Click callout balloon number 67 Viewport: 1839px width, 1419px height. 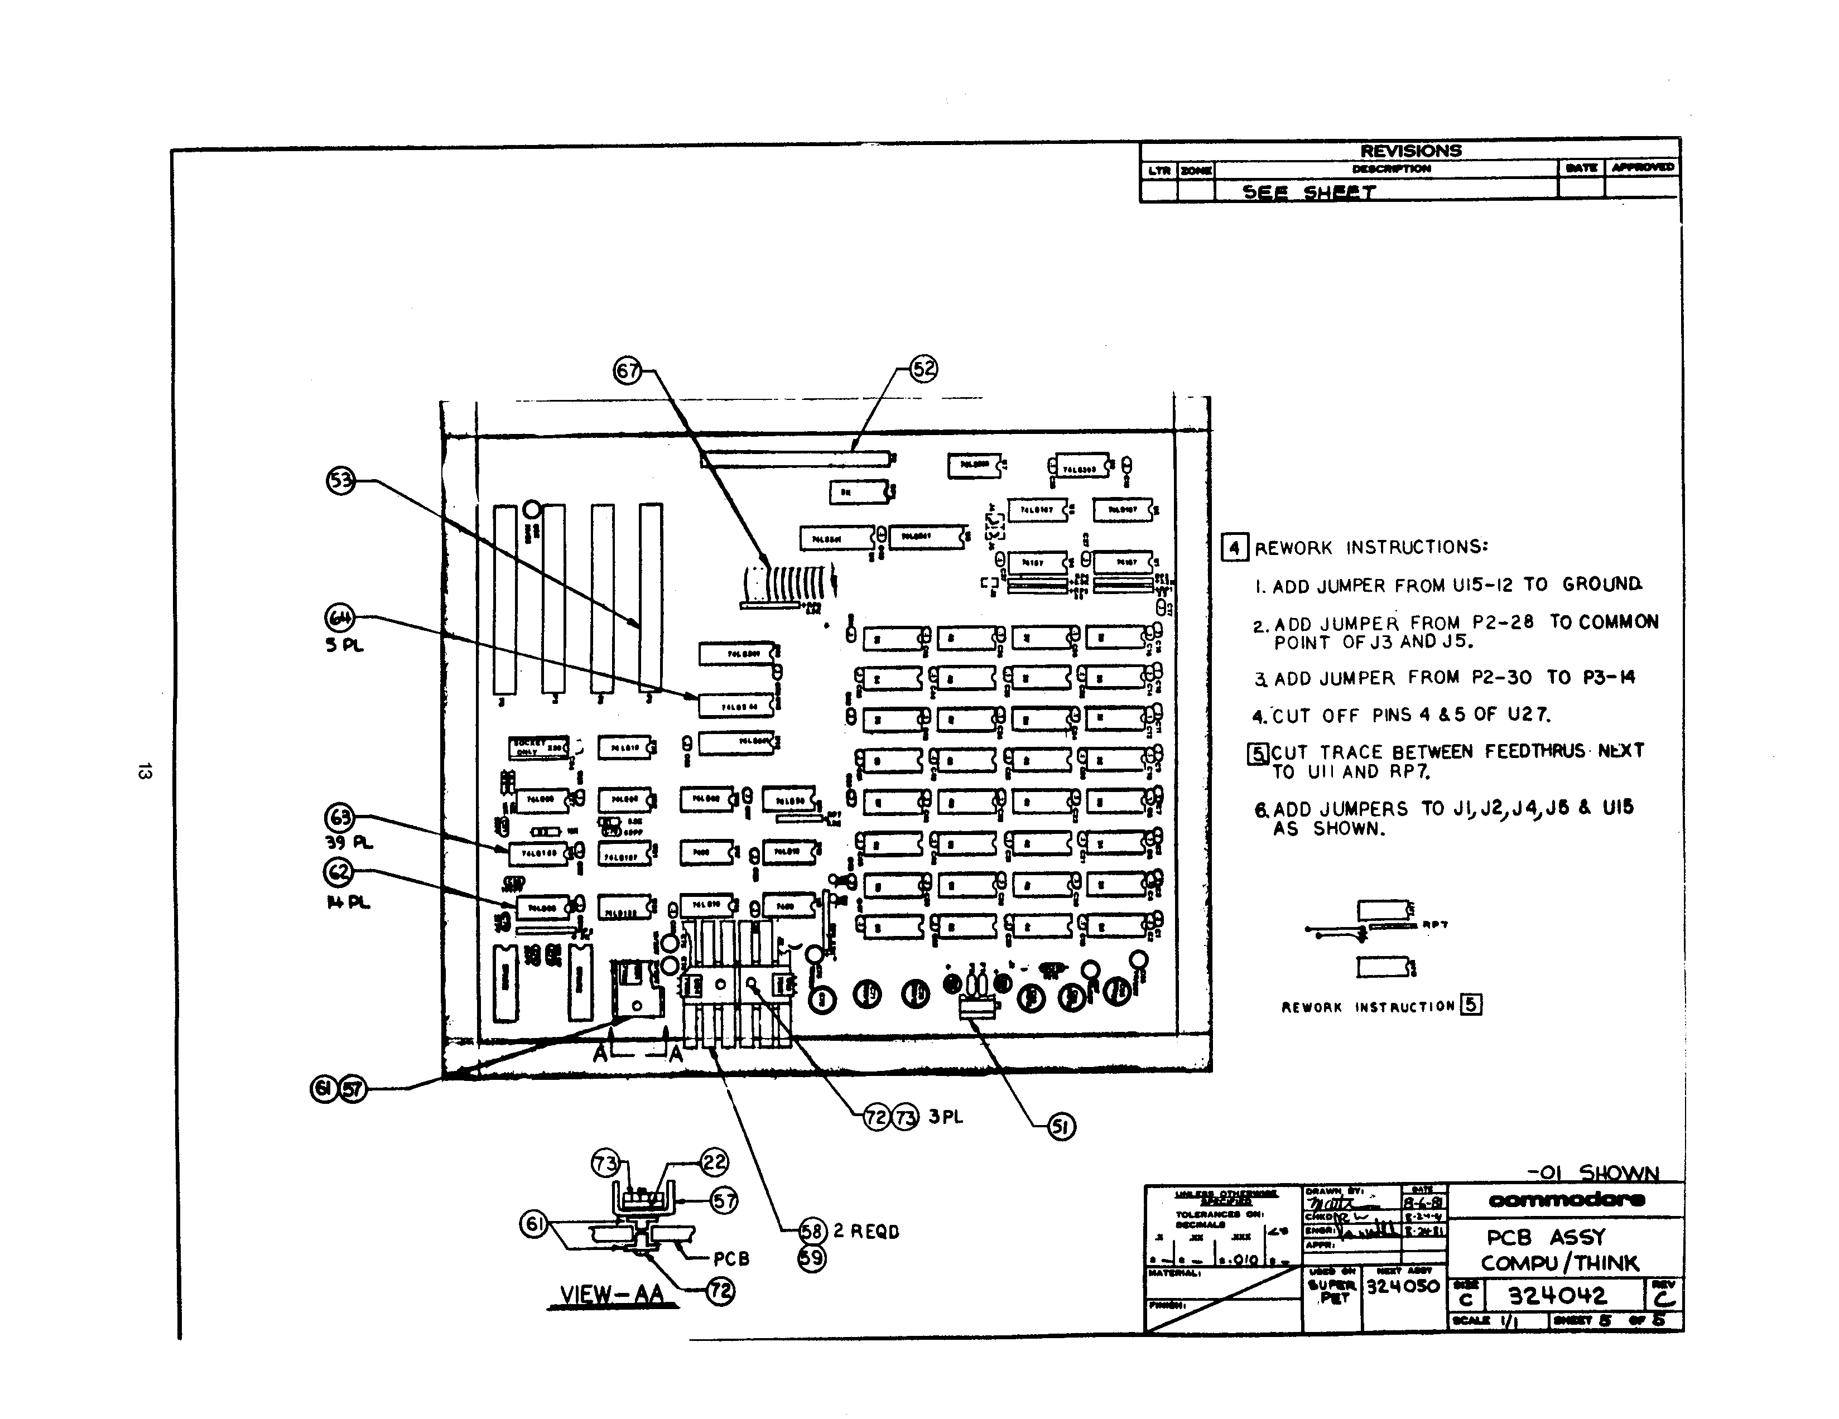[x=627, y=370]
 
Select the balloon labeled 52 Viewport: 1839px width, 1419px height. [x=924, y=369]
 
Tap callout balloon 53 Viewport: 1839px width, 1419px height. [x=340, y=481]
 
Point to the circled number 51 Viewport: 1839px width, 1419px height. [x=1061, y=1126]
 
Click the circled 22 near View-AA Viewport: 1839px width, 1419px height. [x=714, y=1162]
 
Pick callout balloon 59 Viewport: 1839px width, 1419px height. [x=812, y=1258]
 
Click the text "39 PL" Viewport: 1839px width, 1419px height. [x=349, y=842]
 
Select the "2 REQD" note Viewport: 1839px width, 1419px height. [x=866, y=1232]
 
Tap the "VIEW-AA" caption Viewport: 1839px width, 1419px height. [x=612, y=1295]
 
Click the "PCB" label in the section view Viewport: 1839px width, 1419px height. [x=731, y=1259]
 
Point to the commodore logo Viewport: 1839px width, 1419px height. [x=1566, y=1199]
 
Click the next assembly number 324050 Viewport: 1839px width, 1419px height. [x=1403, y=1287]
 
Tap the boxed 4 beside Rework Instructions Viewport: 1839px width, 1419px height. [x=1234, y=548]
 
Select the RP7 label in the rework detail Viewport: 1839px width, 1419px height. [x=1435, y=925]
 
